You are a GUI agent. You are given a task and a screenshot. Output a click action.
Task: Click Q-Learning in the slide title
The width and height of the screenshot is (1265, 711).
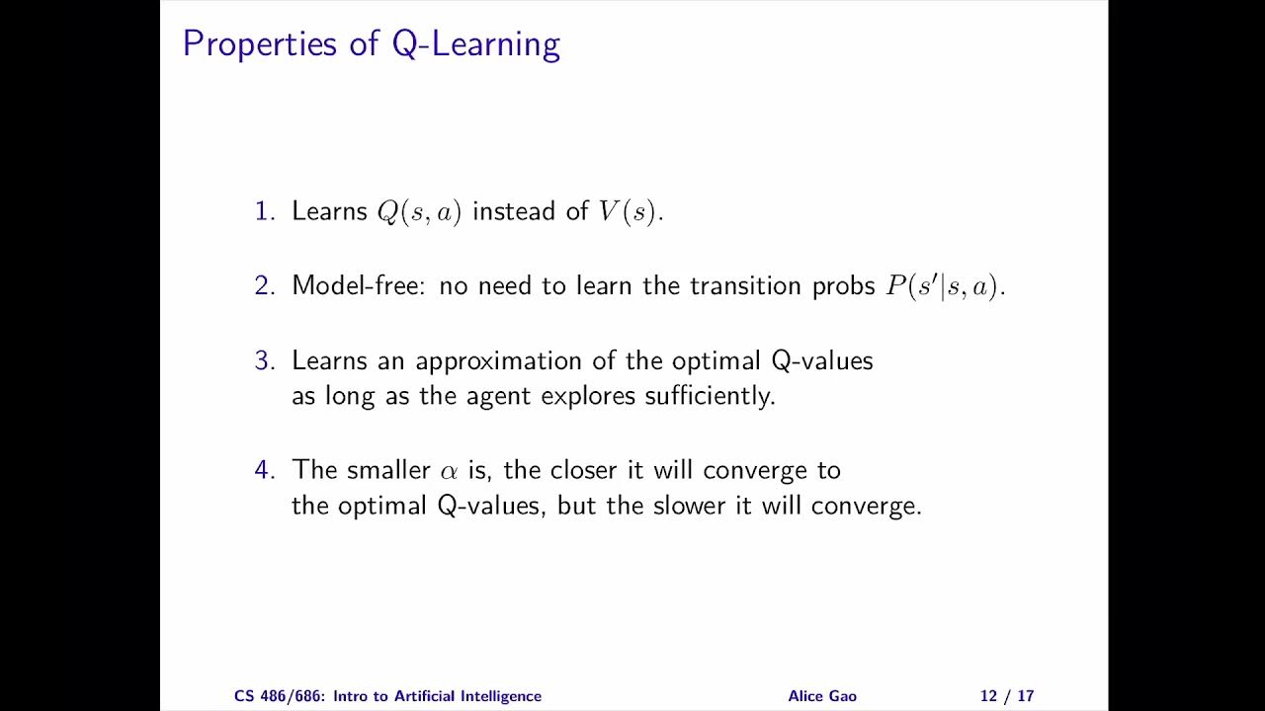476,44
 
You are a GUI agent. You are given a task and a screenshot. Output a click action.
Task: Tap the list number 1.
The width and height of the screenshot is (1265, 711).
264,211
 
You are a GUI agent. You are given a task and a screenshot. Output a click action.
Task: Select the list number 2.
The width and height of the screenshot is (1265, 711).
264,286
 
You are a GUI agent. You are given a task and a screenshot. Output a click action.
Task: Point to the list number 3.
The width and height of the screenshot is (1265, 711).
264,361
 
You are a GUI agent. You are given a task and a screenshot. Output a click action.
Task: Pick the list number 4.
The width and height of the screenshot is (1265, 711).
264,470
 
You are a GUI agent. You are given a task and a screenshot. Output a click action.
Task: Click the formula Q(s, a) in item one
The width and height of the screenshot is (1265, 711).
419,212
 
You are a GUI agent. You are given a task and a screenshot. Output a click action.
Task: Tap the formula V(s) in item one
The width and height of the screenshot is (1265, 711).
627,212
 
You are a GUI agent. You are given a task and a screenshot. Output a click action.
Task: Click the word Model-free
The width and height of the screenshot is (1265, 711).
360,286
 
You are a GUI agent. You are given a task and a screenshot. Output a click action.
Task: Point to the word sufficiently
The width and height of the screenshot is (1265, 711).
710,397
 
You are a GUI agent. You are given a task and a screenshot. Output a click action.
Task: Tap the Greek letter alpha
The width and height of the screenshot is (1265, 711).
450,471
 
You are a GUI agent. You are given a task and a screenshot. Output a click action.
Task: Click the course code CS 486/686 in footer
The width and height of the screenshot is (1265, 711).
281,696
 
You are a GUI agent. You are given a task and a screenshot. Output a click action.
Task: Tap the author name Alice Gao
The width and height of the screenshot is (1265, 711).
822,696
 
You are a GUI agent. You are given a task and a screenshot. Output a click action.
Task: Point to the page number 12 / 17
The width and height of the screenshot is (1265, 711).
1007,696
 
